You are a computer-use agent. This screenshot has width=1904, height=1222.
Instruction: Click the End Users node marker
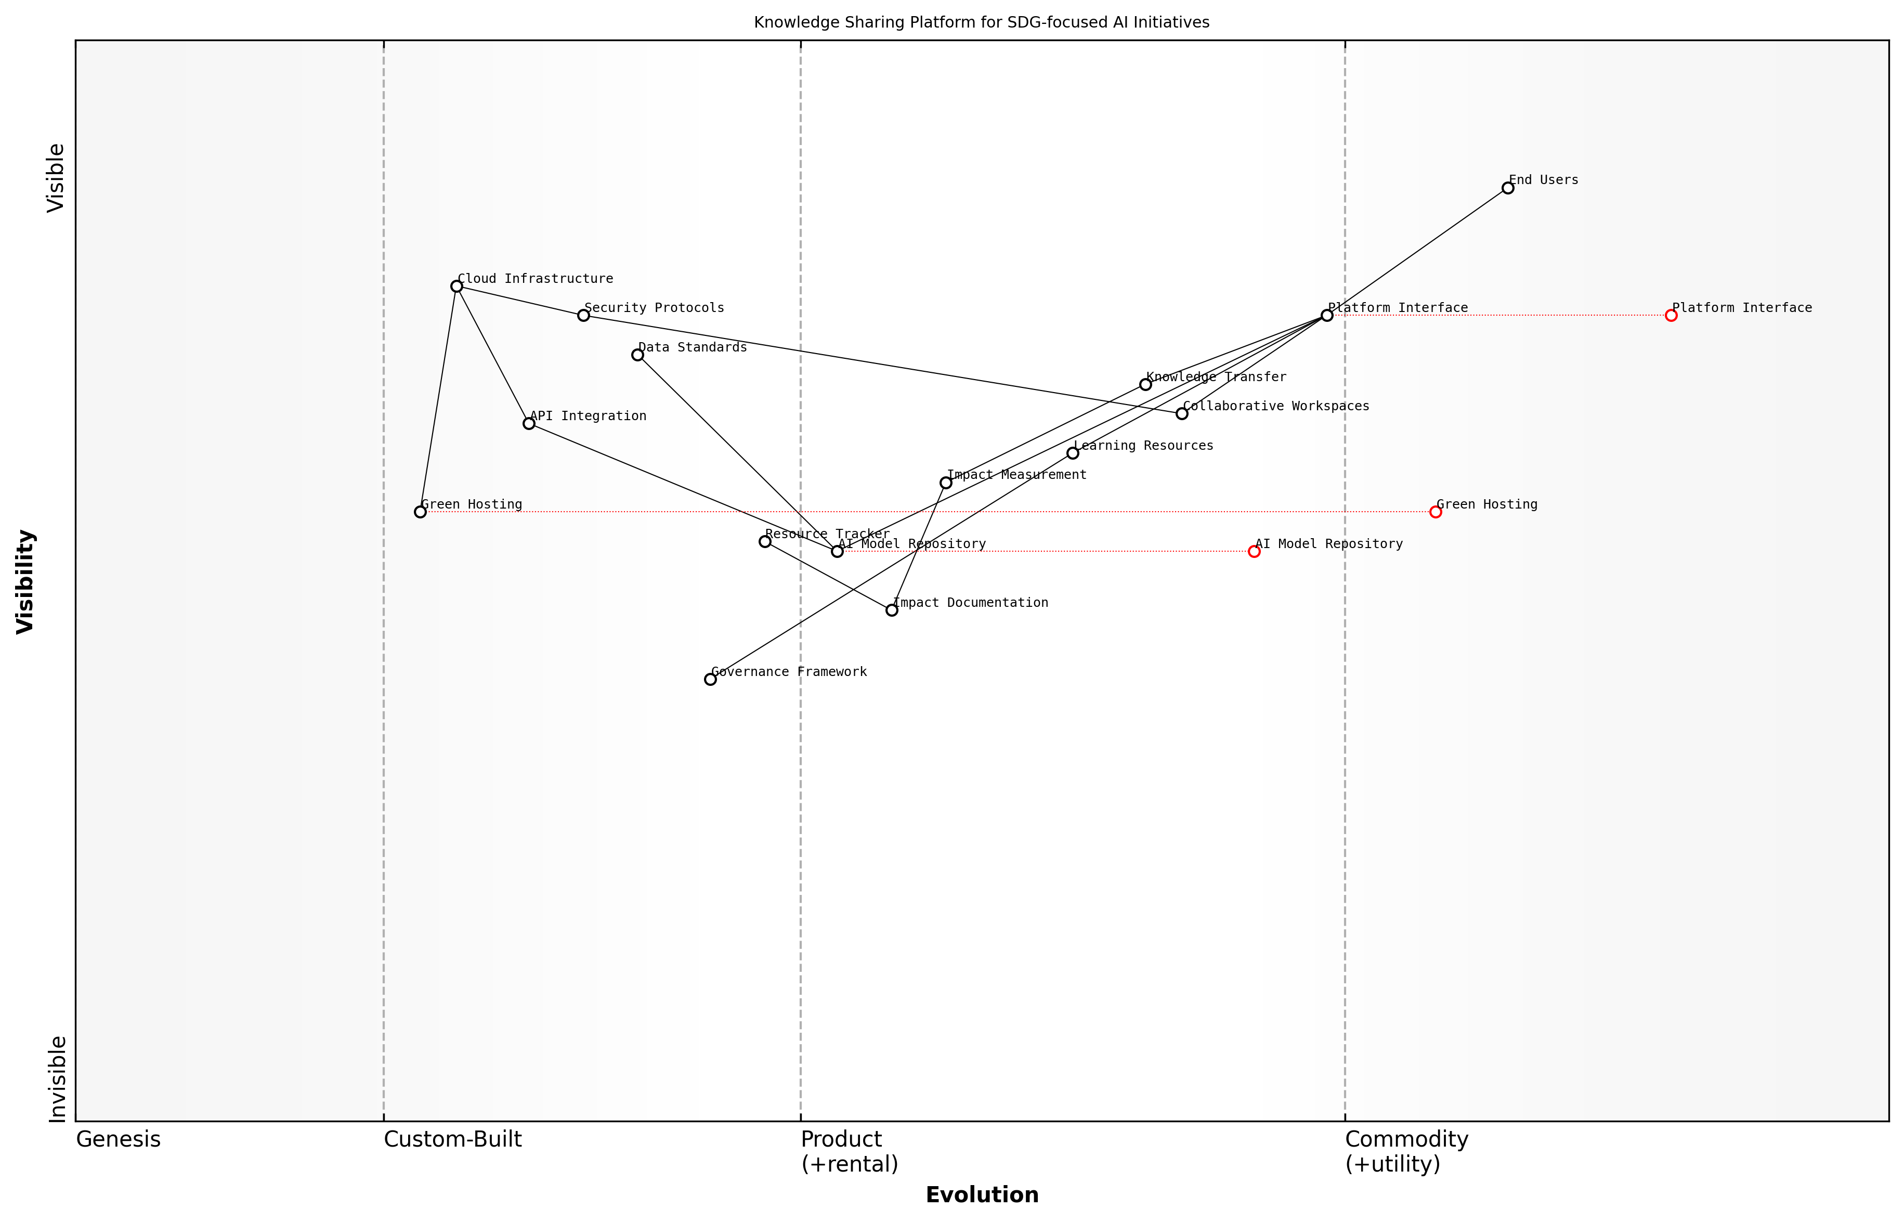(1507, 188)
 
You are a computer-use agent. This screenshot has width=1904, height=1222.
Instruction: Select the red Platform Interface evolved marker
(1671, 316)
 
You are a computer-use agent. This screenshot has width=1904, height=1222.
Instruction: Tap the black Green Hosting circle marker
(421, 512)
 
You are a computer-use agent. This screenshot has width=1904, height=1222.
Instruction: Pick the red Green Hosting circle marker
(1435, 512)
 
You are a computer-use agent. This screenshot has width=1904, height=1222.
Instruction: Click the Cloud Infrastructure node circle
(456, 287)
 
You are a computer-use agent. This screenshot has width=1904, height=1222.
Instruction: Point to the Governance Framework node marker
(710, 679)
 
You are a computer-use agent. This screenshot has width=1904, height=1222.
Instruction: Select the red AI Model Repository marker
(1254, 552)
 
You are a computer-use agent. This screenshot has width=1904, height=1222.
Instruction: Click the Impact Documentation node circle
(892, 610)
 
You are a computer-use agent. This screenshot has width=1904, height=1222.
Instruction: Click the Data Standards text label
(692, 347)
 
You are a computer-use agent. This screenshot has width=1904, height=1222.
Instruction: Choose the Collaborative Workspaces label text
(1276, 406)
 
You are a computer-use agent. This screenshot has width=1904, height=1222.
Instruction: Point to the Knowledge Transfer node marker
(1145, 385)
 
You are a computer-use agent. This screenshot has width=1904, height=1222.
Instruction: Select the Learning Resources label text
(1143, 446)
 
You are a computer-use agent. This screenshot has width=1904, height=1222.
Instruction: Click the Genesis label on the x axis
(118, 1139)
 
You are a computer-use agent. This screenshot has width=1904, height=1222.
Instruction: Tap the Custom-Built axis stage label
(452, 1139)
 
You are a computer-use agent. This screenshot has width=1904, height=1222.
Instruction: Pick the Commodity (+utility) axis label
(1406, 1151)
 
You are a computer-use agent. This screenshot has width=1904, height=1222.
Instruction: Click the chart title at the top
(981, 22)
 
